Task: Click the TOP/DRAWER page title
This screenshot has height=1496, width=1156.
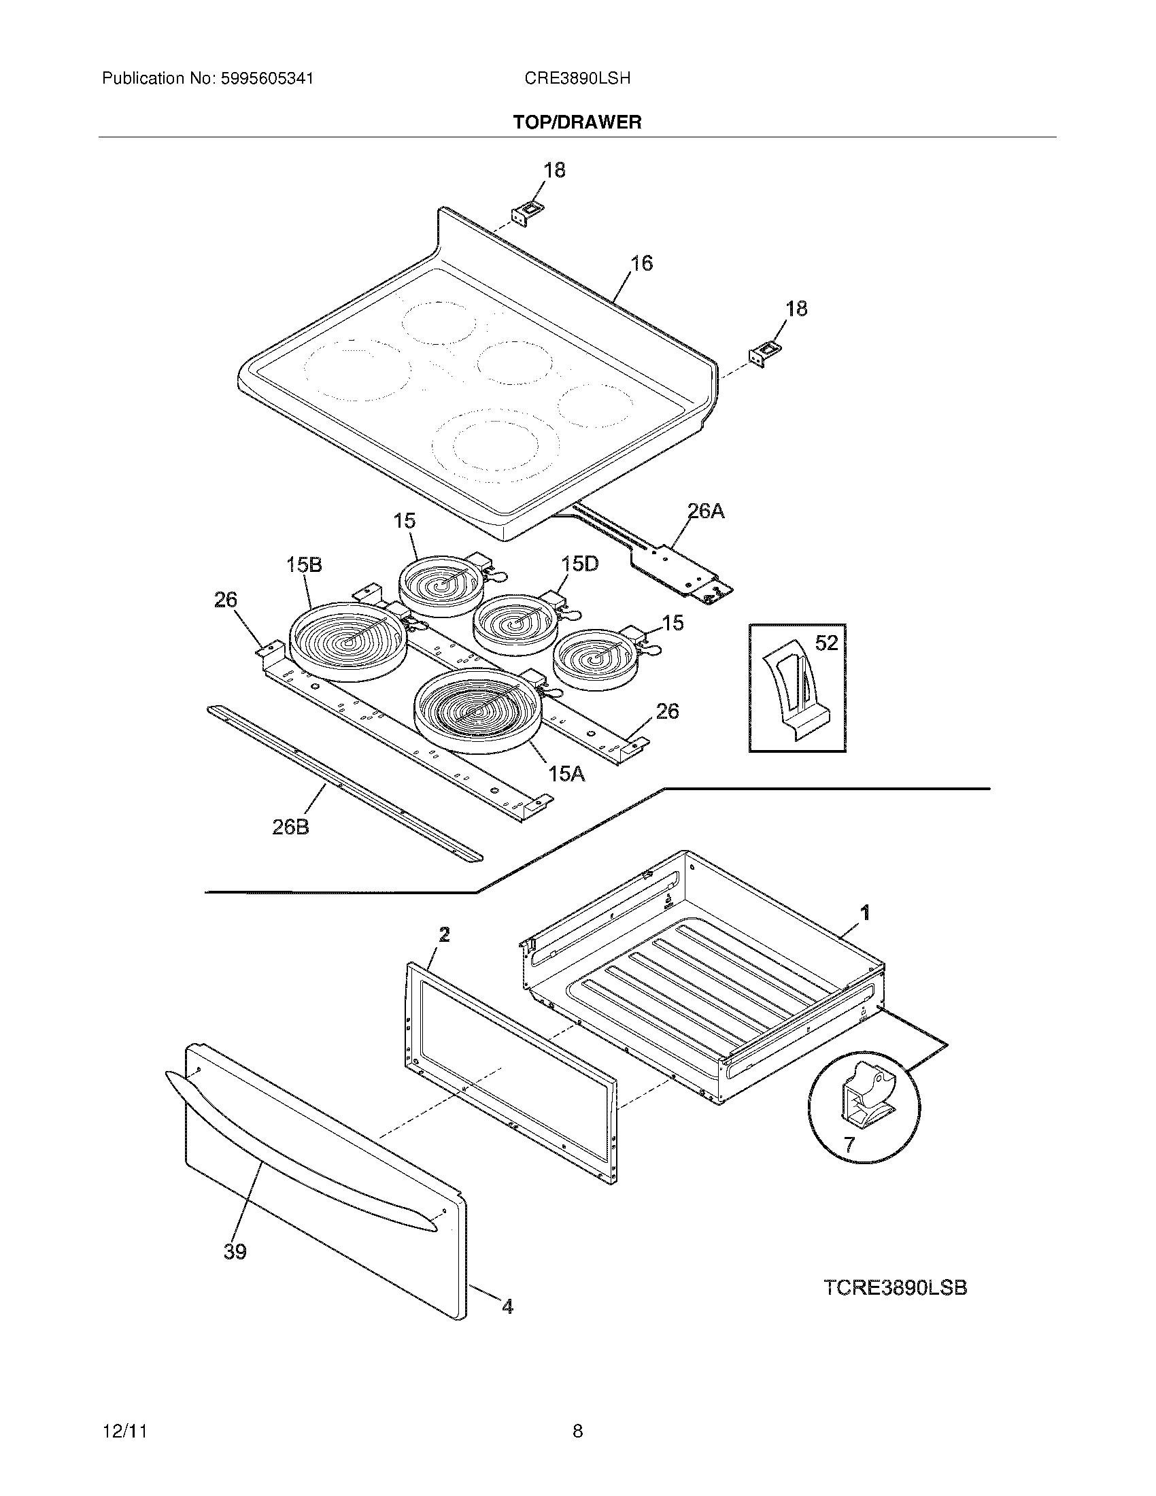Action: pyautogui.click(x=577, y=122)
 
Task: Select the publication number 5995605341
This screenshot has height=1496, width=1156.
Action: pyautogui.click(x=267, y=79)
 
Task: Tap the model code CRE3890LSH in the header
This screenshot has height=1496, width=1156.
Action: pyautogui.click(x=577, y=79)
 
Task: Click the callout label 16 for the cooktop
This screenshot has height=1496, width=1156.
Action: pyautogui.click(x=641, y=263)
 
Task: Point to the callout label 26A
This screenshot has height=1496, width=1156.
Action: pyautogui.click(x=705, y=511)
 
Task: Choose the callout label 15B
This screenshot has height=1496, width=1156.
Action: pyautogui.click(x=304, y=564)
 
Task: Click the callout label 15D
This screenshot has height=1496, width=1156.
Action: pyautogui.click(x=580, y=564)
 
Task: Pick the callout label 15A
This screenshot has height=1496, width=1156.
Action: pyautogui.click(x=566, y=774)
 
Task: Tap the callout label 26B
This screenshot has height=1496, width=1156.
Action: pyautogui.click(x=291, y=827)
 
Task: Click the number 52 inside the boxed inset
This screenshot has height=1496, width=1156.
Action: pyautogui.click(x=827, y=643)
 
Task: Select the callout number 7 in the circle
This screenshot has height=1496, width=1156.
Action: pyautogui.click(x=849, y=1144)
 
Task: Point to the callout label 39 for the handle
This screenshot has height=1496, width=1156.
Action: pyautogui.click(x=235, y=1251)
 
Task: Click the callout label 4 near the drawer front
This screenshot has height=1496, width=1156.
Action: pyautogui.click(x=507, y=1306)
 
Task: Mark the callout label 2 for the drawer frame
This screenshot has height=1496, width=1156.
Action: pyautogui.click(x=445, y=934)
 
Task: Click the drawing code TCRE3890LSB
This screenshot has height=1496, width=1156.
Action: pyautogui.click(x=895, y=1288)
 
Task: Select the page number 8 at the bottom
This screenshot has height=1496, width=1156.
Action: pyautogui.click(x=577, y=1431)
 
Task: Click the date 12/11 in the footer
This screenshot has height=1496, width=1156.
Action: pyautogui.click(x=124, y=1431)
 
